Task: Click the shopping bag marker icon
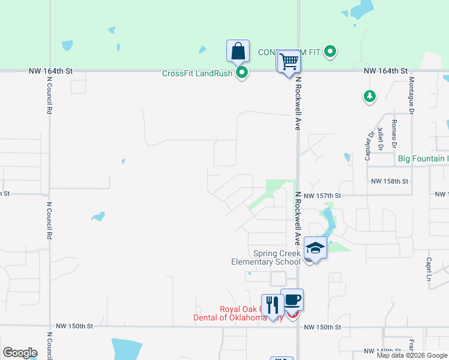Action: (238, 51)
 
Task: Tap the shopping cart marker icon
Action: (289, 61)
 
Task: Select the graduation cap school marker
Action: (315, 247)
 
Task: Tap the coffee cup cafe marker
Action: (292, 299)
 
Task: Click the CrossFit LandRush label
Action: (198, 74)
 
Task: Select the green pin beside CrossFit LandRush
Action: (242, 74)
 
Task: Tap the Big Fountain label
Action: (423, 159)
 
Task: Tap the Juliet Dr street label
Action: (381, 139)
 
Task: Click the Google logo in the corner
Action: (20, 353)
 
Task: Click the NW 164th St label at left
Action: (50, 71)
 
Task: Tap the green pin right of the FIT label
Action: (330, 53)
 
